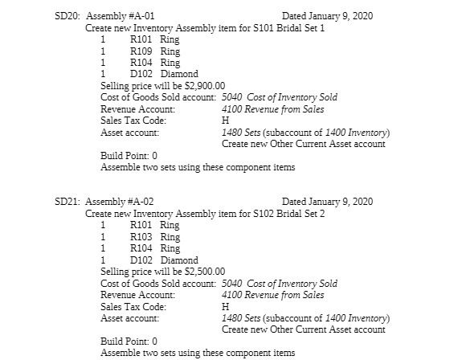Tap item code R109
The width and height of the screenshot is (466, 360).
pos(141,51)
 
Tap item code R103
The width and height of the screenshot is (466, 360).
pos(141,236)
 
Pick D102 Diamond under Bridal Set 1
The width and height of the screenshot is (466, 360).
pos(164,74)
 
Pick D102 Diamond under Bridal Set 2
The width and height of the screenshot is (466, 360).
pos(164,260)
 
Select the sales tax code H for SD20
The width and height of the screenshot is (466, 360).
pos(225,121)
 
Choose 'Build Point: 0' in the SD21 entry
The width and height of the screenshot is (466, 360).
pos(129,342)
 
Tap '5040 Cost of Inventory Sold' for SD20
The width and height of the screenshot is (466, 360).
pos(279,97)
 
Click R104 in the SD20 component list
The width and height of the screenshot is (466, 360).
pos(141,63)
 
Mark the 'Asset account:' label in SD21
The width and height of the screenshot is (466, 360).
pos(129,318)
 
